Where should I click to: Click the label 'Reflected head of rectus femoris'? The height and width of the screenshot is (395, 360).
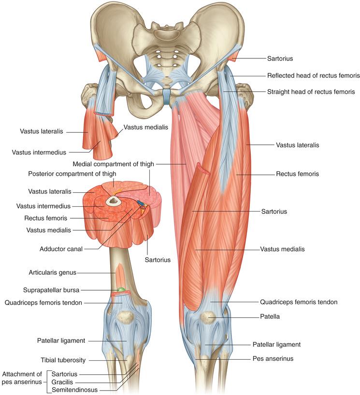313,76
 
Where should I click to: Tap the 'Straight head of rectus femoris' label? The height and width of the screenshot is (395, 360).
311,92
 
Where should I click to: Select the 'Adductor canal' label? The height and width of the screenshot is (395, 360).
61,249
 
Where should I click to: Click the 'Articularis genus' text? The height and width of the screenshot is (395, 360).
53,272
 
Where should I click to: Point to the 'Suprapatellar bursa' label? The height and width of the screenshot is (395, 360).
51,290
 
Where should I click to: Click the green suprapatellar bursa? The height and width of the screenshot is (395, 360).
121,290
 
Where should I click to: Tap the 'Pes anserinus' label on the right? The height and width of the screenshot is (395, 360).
273,358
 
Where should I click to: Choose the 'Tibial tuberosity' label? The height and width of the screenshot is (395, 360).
63,360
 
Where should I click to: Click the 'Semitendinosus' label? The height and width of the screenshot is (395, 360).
74,390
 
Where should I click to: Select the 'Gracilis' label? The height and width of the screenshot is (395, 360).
62,382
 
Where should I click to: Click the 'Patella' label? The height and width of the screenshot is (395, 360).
270,317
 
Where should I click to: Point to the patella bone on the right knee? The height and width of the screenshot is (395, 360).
208,318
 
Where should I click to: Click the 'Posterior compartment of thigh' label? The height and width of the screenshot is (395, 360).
72,174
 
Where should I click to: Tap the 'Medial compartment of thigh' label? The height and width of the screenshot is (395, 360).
113,164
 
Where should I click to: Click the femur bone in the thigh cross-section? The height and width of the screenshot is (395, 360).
112,201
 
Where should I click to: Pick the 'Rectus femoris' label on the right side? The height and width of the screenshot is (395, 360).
298,174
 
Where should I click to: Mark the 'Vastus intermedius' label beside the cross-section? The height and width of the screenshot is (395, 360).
43,206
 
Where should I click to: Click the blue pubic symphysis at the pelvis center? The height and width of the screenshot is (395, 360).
166,96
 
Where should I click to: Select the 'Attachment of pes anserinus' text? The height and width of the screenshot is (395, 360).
22,378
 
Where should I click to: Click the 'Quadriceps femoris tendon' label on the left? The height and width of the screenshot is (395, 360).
43,303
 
